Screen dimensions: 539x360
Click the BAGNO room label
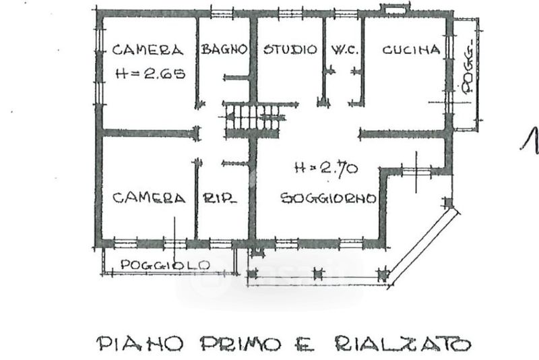coord(224,49)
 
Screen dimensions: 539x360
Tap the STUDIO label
coord(290,49)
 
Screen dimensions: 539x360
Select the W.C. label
coord(344,50)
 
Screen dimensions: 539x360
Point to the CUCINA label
coord(411,50)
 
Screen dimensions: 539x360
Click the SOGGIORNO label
coord(328,198)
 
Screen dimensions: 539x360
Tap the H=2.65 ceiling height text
coord(150,73)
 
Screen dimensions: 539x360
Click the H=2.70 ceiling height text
coord(326,169)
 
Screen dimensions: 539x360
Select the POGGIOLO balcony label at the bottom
coord(165,265)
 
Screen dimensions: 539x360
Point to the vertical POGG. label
coord(468,67)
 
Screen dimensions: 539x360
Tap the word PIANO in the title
coord(139,343)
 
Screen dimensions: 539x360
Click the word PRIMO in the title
coord(240,344)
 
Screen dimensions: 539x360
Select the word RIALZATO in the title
coord(403,344)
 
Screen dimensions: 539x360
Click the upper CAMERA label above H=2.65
coord(148,50)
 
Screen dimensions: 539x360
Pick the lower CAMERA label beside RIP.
coord(149,198)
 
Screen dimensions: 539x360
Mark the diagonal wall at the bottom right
coord(424,246)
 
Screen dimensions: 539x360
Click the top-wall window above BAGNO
coord(222,14)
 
